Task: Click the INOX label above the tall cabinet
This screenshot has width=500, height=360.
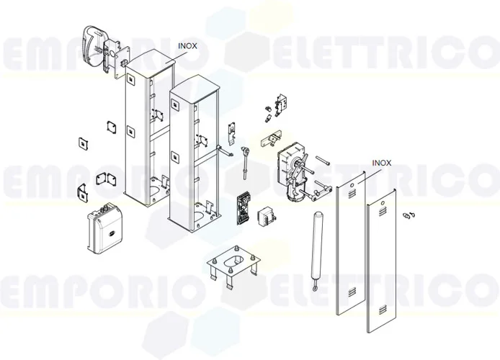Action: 187,45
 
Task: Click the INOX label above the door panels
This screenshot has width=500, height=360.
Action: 381,163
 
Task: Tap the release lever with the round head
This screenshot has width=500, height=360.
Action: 246,156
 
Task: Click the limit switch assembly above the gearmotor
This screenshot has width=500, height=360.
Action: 282,104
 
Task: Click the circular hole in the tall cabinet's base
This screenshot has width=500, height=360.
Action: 155,192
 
